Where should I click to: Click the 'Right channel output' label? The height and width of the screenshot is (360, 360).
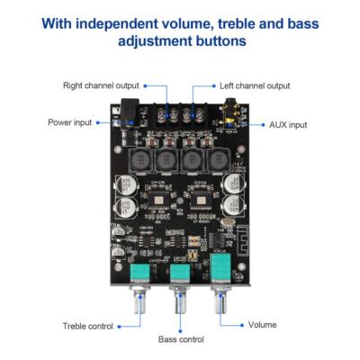[101, 85]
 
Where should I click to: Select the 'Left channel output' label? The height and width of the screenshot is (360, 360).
[255, 85]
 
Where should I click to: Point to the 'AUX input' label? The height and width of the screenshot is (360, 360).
[288, 124]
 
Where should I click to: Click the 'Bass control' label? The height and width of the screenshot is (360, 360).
[181, 339]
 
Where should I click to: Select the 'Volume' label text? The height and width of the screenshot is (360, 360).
[262, 325]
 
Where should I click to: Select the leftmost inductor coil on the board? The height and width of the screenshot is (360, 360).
[141, 159]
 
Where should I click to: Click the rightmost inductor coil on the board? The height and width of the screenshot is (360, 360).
[219, 159]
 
